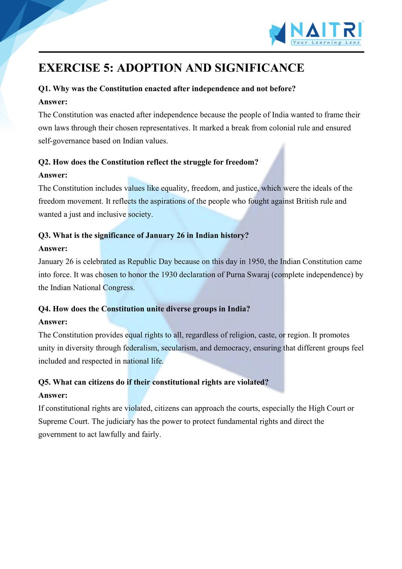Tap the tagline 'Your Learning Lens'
point(326,42)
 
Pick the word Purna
point(236,274)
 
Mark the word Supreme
point(52,421)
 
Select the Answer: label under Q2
point(53,175)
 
